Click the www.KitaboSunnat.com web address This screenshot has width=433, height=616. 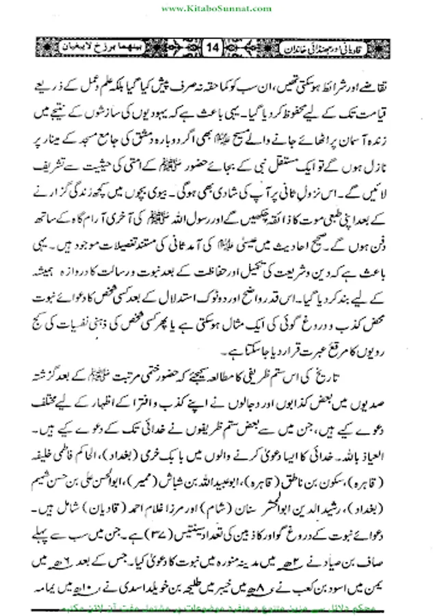(x=215, y=8)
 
